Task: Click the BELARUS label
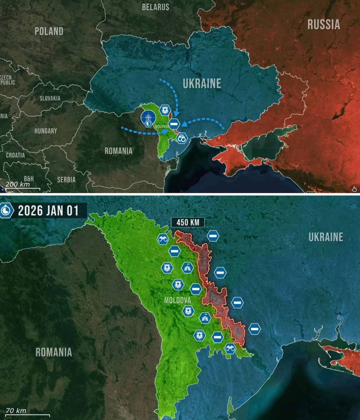(x=156, y=7)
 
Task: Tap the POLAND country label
(x=49, y=31)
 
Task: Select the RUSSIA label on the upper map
(x=324, y=24)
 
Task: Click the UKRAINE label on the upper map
(x=202, y=84)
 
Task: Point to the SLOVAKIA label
(x=50, y=98)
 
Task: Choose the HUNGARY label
(x=45, y=131)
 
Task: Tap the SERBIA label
(x=66, y=180)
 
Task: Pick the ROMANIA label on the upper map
(x=119, y=151)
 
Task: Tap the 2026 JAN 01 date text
(x=48, y=211)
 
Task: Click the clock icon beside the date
(x=6, y=211)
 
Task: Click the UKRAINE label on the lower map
(x=325, y=237)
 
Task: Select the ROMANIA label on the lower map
(x=54, y=352)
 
